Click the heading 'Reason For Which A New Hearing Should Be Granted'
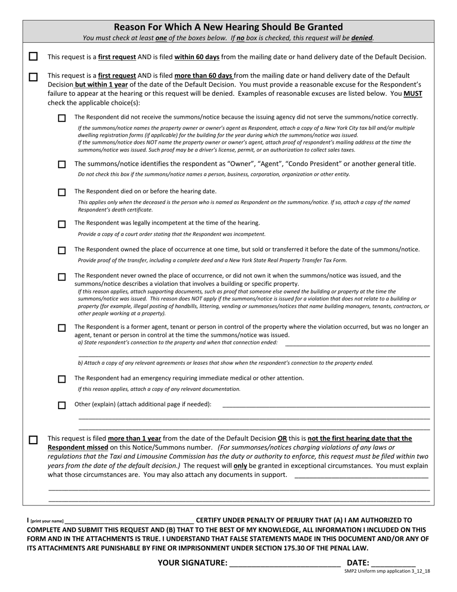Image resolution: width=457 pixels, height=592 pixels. (228, 27)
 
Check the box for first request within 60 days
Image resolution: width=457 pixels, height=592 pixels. (33, 57)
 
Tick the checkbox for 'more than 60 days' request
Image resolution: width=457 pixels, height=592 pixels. (33, 77)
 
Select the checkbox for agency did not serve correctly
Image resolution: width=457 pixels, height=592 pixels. (62, 118)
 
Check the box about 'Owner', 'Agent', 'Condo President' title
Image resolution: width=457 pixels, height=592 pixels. (62, 165)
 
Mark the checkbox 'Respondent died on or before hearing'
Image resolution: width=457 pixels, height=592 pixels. (62, 192)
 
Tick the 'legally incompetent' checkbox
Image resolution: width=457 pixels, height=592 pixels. (62, 224)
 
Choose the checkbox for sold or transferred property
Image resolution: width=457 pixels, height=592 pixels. (62, 250)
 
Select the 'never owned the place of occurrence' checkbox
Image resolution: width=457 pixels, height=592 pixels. (62, 277)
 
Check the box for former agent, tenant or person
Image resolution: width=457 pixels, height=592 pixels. (62, 328)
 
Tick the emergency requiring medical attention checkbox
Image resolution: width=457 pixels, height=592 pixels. (62, 379)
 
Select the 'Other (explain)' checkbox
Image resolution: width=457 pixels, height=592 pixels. (62, 405)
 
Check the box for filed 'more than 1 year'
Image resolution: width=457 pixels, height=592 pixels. (33, 440)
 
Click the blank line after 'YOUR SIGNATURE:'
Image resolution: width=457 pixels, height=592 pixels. (285, 563)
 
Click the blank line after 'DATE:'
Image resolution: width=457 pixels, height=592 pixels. (393, 563)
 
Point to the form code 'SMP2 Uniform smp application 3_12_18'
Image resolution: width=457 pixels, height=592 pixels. (387, 571)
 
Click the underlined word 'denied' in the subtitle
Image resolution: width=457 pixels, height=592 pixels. (362, 38)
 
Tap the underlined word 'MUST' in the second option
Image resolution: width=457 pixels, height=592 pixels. (413, 94)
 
